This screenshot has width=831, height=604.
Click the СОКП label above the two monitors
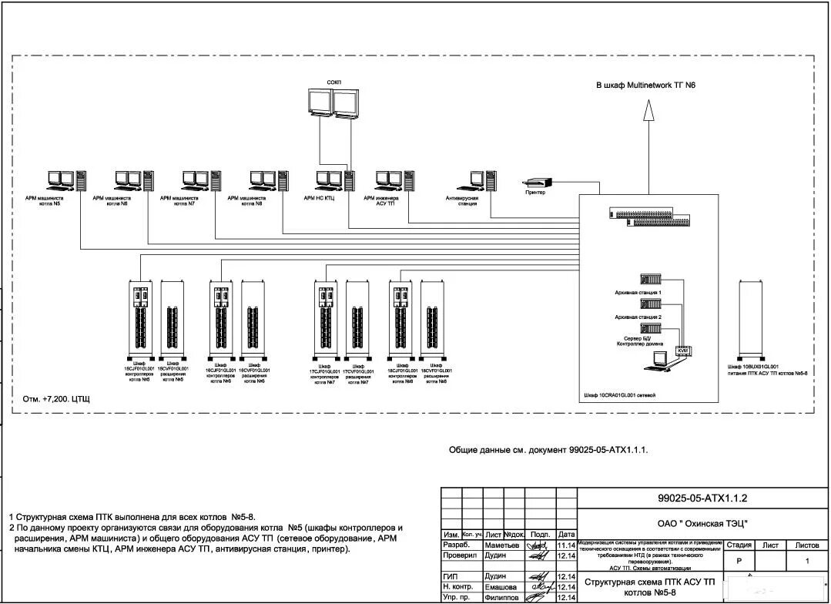(x=333, y=82)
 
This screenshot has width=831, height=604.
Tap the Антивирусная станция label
(x=462, y=201)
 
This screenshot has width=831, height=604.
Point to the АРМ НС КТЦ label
(x=319, y=198)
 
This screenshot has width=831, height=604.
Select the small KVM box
(x=683, y=351)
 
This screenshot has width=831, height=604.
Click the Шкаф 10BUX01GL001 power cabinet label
(x=767, y=370)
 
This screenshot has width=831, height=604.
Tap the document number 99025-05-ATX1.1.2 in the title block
(x=702, y=498)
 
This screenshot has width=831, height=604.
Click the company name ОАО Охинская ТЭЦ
(x=702, y=523)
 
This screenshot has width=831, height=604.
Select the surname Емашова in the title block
(x=501, y=587)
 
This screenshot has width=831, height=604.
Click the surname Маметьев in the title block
(x=502, y=545)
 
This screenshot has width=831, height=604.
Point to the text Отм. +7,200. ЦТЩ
(x=55, y=399)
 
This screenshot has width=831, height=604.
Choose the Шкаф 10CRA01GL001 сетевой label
(x=621, y=394)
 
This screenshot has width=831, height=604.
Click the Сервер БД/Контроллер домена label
(x=637, y=341)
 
